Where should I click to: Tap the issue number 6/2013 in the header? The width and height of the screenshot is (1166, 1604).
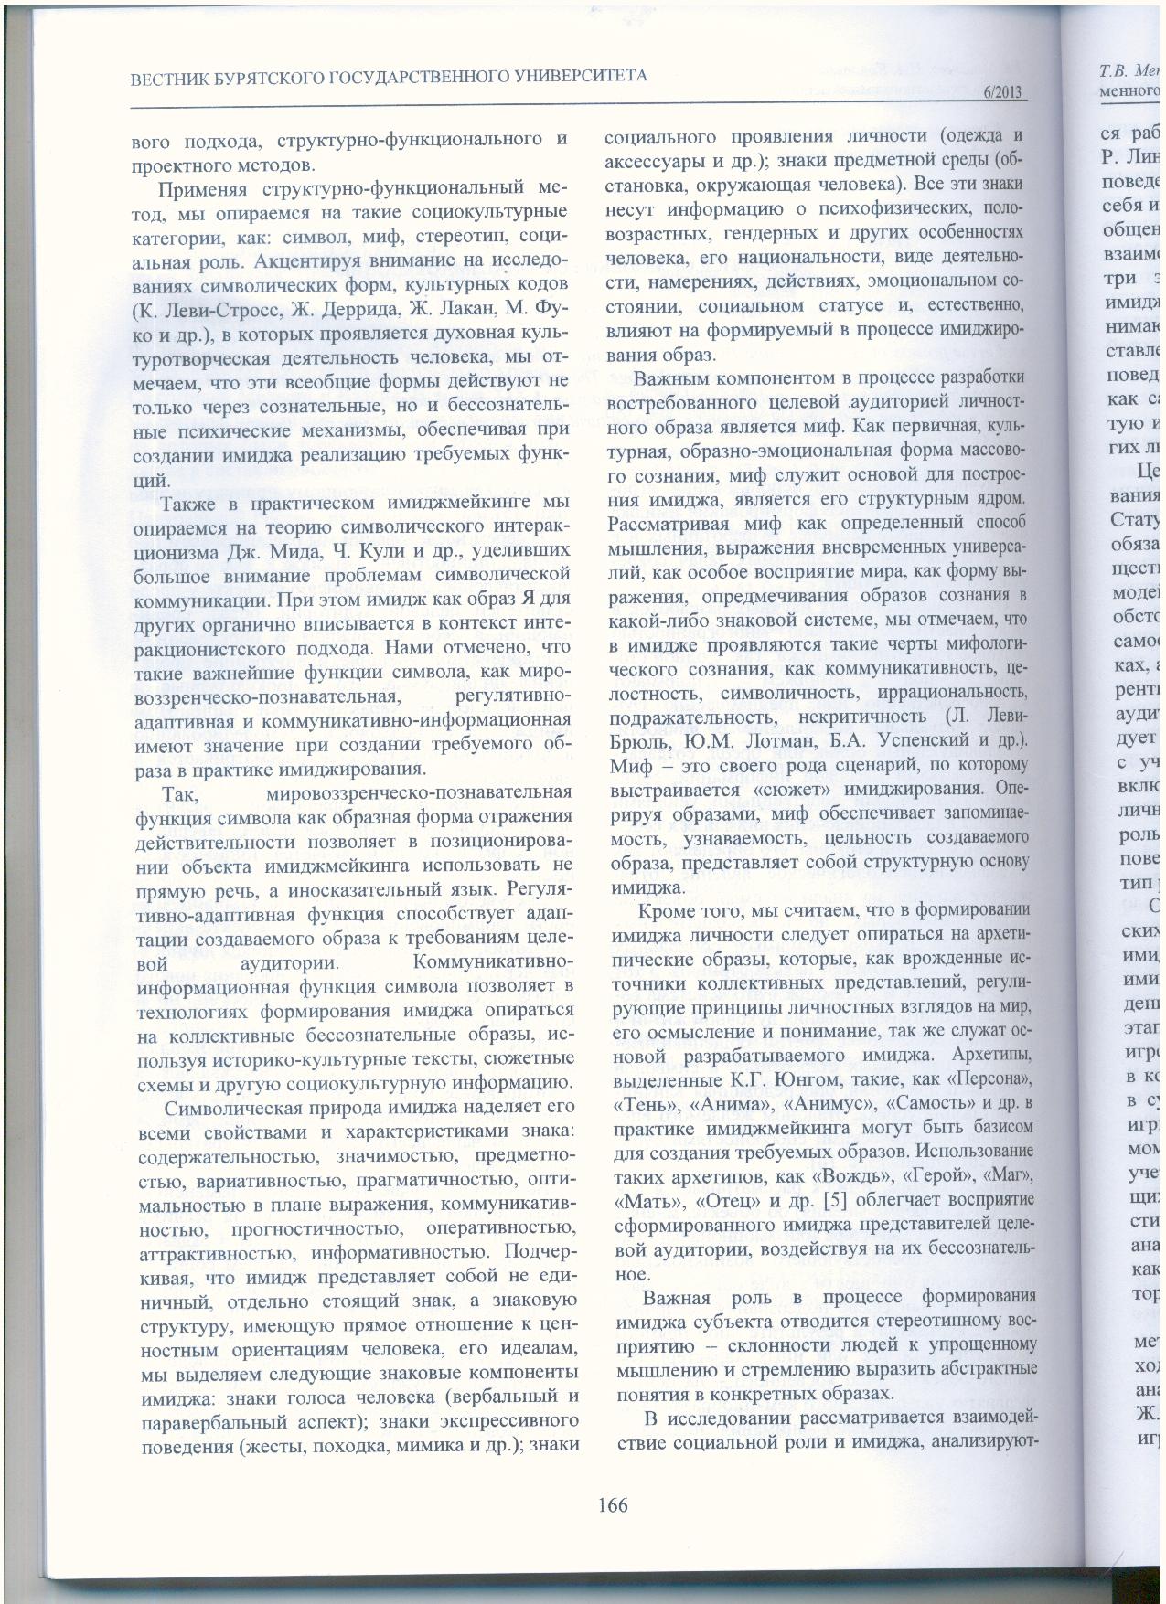1001,93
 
